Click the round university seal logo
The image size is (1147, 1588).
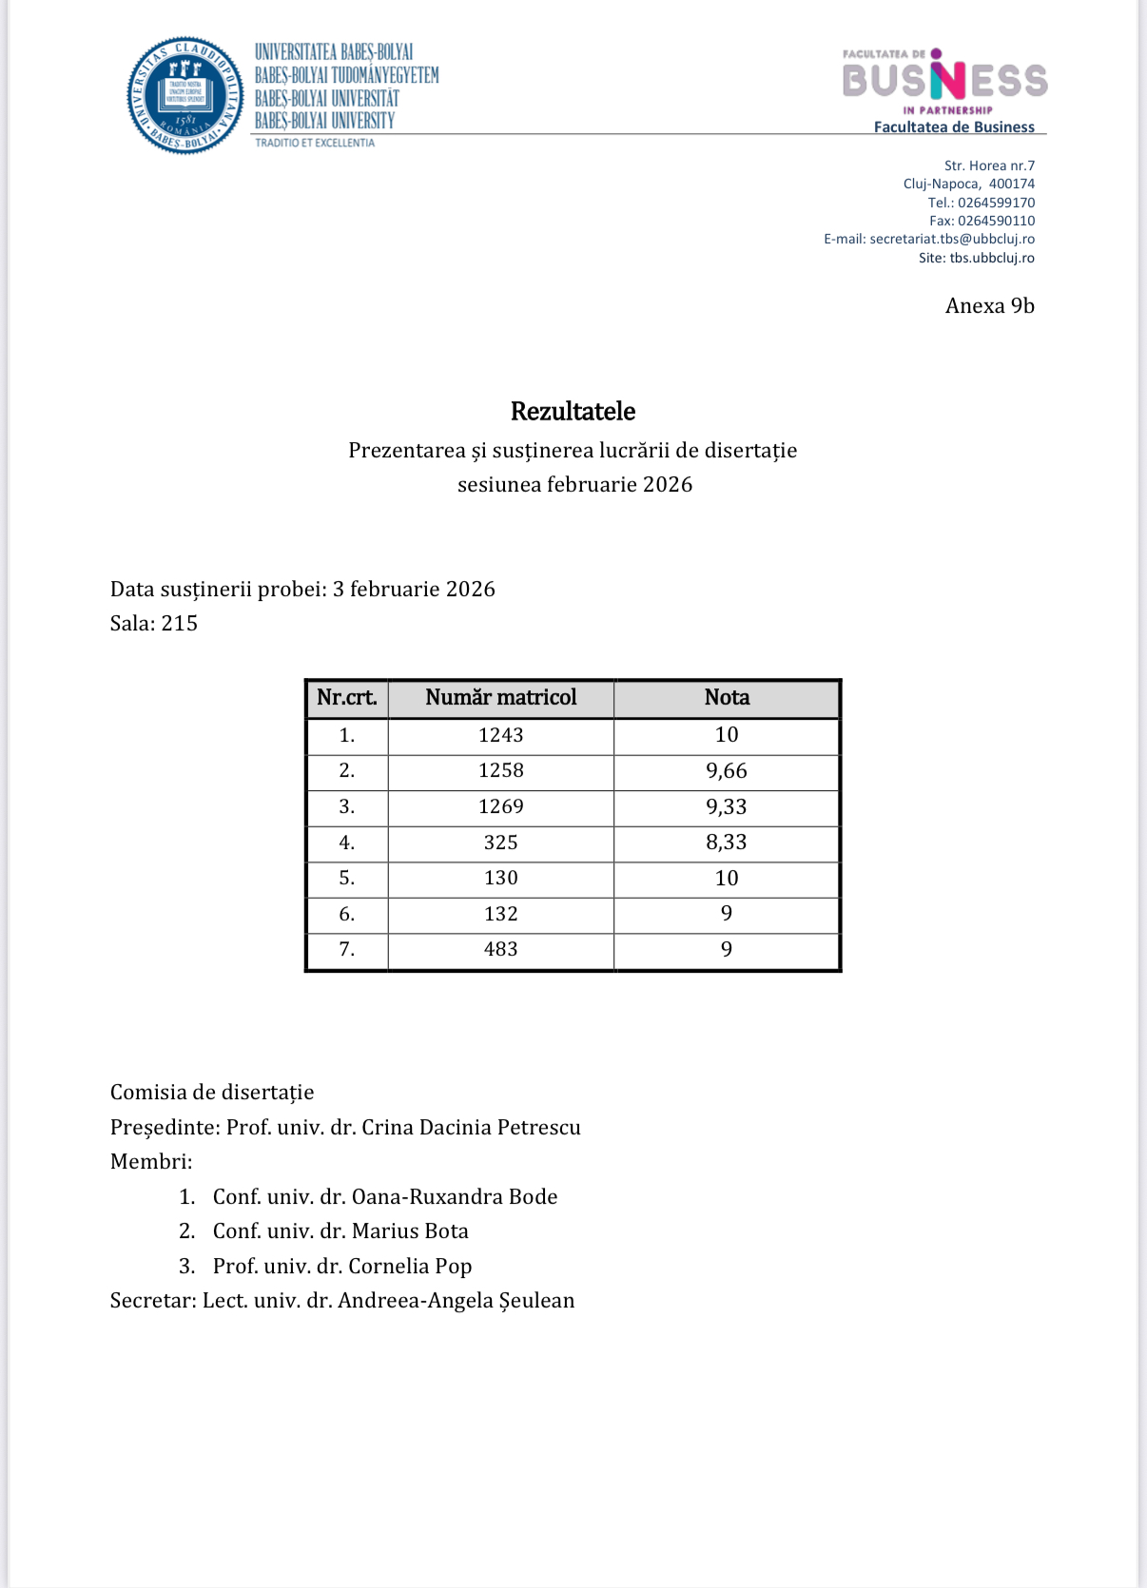pos(185,95)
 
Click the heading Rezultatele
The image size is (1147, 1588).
pos(573,411)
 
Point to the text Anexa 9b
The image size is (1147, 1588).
pos(989,305)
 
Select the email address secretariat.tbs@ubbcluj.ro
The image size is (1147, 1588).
pos(952,239)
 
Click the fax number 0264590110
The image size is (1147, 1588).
pos(996,221)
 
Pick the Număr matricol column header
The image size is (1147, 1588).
pos(501,697)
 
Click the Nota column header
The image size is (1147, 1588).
pos(727,697)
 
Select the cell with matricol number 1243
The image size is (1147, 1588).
pos(501,735)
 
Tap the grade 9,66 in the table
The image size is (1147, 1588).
pos(727,771)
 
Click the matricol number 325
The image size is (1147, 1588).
pos(501,842)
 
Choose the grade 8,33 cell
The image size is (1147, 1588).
pos(727,842)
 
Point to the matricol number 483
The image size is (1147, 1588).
pos(501,949)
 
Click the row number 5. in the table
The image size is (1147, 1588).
pos(347,879)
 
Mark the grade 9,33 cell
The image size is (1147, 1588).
pos(727,807)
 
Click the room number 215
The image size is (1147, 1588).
pos(180,624)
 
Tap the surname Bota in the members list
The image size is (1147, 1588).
pos(446,1231)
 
